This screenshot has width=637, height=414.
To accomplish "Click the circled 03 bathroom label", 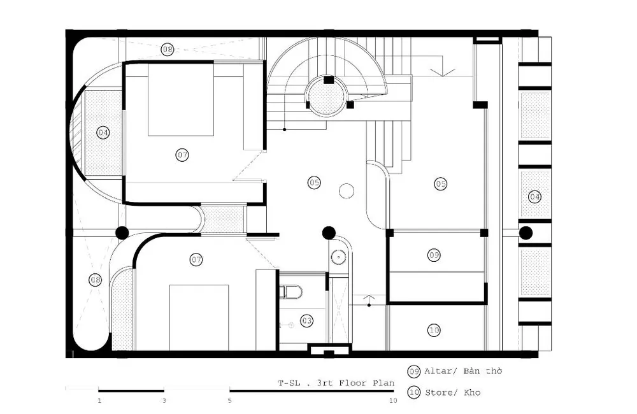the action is (x=307, y=321).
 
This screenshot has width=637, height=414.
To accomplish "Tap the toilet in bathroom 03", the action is (x=291, y=291).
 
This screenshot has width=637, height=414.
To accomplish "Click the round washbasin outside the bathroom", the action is (x=338, y=257).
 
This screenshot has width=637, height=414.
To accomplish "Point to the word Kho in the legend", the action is (x=473, y=392).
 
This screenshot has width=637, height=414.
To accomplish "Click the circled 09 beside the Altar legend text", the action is (x=414, y=371).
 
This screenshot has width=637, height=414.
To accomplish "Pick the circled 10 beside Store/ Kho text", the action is (x=414, y=393).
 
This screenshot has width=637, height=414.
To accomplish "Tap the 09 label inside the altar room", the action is (x=434, y=255).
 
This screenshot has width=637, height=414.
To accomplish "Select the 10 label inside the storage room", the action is (x=434, y=330).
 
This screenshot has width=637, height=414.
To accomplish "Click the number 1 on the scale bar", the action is (x=99, y=401).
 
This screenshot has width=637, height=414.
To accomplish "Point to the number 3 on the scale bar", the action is (x=164, y=401).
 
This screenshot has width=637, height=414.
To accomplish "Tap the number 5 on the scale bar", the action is (x=229, y=401).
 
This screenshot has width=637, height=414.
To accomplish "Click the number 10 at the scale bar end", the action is (x=393, y=401).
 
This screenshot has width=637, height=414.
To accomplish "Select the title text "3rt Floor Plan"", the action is (x=355, y=383).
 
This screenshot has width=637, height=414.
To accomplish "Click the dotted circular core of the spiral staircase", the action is (x=327, y=97).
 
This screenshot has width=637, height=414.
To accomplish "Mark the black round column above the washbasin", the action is (x=329, y=233).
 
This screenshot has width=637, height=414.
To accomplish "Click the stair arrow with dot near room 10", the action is (x=369, y=301).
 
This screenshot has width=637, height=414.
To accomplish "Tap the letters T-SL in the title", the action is (x=289, y=383).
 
